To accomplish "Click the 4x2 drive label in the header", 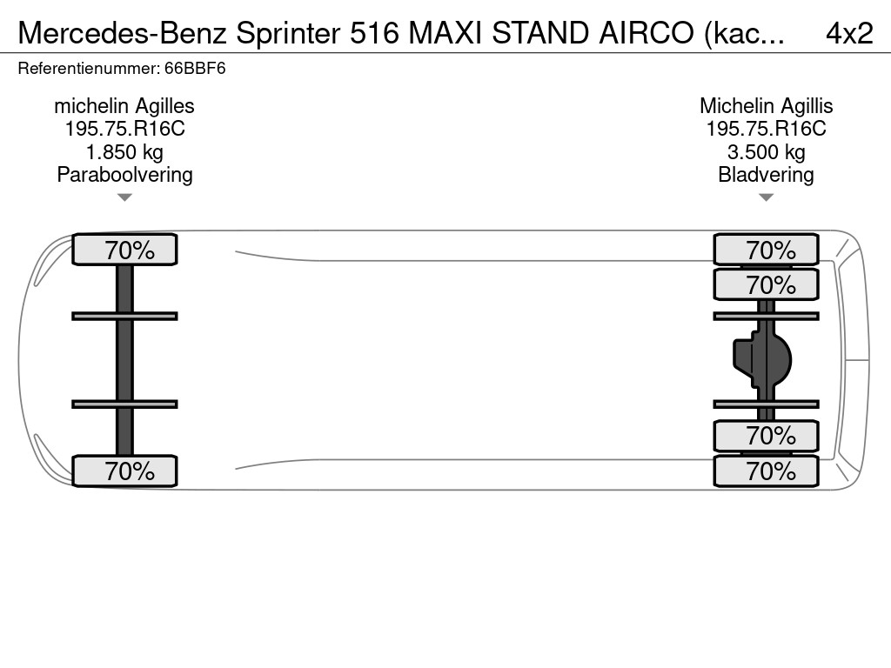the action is (849, 34).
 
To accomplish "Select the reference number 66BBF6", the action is (195, 69).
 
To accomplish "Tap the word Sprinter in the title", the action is (288, 34).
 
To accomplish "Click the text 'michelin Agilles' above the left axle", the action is (124, 106).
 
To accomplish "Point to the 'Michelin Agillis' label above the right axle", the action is (766, 106).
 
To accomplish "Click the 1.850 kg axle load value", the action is (124, 152).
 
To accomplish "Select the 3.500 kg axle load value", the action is (766, 152).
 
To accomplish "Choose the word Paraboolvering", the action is (124, 175).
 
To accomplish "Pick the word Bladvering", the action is (766, 175).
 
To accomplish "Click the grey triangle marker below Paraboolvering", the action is (124, 197).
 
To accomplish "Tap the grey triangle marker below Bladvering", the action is (766, 197).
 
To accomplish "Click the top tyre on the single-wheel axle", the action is (124, 250).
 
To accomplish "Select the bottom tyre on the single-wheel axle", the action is (124, 471).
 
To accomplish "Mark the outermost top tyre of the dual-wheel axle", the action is (766, 250).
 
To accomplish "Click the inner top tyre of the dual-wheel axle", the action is (766, 284).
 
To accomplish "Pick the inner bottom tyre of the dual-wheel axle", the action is (766, 436).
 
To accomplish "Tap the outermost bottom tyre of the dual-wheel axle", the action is (766, 471).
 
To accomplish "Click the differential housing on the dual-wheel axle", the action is (762, 360).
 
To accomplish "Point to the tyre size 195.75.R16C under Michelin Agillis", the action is (766, 129).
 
